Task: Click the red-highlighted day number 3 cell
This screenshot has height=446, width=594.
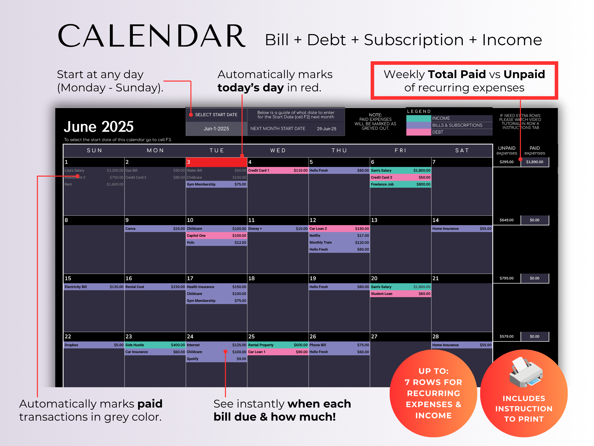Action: (216, 162)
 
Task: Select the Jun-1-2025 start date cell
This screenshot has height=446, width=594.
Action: (216, 128)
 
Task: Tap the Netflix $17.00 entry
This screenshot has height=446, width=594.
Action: (339, 235)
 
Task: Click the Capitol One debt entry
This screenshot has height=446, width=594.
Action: (216, 235)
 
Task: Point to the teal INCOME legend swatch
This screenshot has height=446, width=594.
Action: (418, 118)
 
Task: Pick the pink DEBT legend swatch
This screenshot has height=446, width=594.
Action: (418, 132)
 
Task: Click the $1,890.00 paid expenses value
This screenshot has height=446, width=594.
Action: (534, 162)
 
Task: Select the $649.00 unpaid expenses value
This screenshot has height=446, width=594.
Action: (506, 220)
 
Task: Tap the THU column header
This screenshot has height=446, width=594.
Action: (339, 150)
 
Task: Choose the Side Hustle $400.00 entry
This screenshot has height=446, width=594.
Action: (155, 345)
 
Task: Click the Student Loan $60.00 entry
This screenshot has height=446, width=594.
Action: (400, 294)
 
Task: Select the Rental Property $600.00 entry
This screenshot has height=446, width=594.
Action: (278, 345)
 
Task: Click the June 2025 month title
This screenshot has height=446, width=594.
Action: (99, 127)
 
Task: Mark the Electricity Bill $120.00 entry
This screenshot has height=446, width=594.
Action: (94, 287)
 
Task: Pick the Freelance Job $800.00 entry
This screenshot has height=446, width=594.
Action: (400, 184)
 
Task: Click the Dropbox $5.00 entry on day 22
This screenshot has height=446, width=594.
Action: (94, 345)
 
